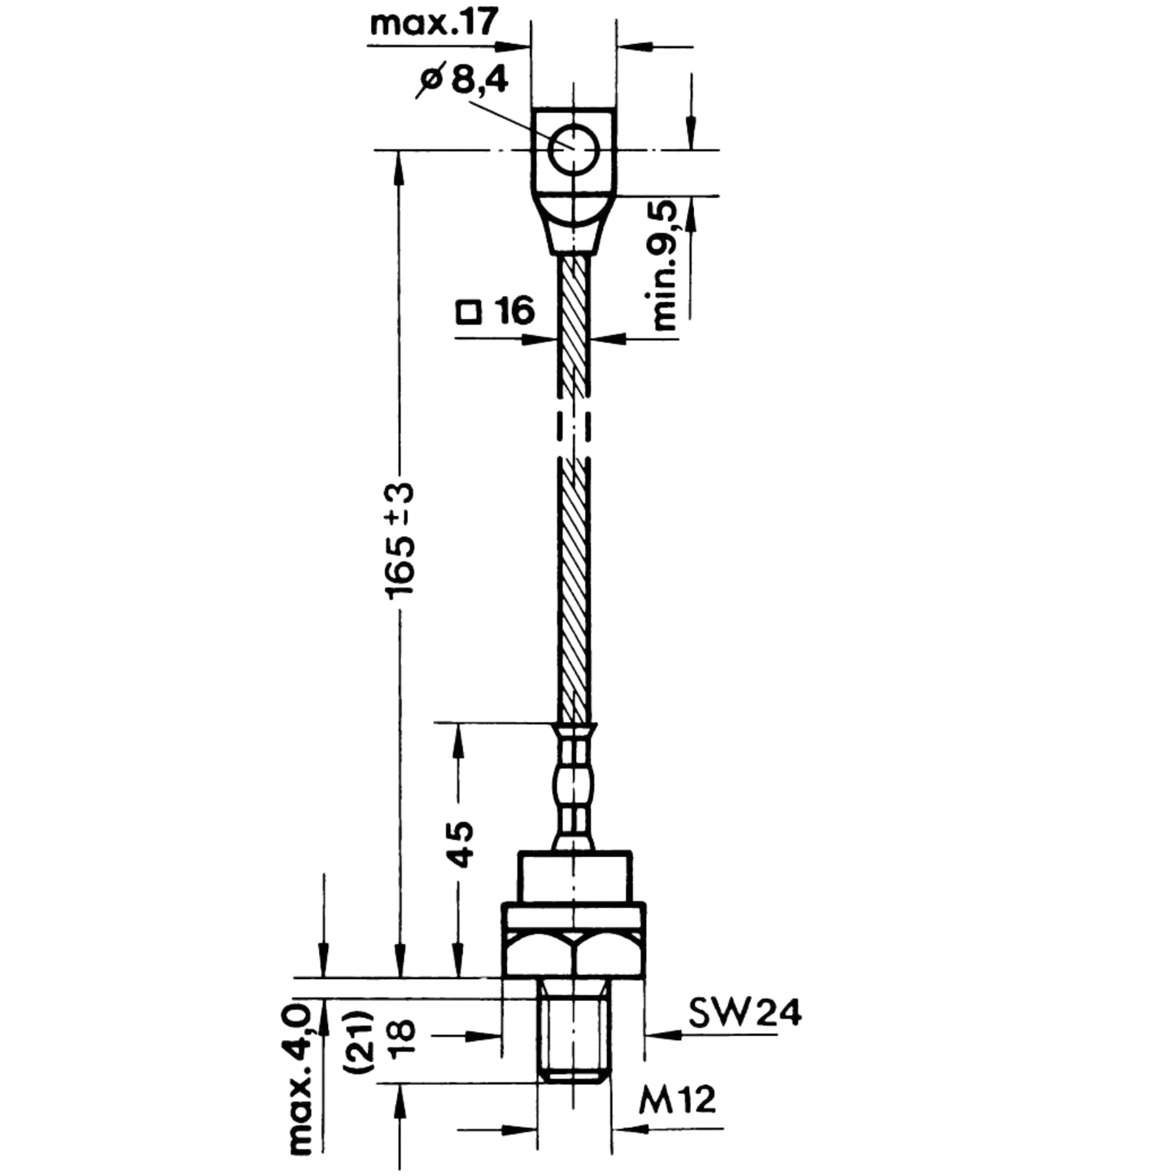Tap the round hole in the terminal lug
pos(572,149)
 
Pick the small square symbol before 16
pos(468,313)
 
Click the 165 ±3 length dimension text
pos(401,539)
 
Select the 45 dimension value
pos(460,845)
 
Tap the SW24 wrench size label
pos(745,1014)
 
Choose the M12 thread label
pos(677,1100)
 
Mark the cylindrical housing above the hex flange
pos(575,877)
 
